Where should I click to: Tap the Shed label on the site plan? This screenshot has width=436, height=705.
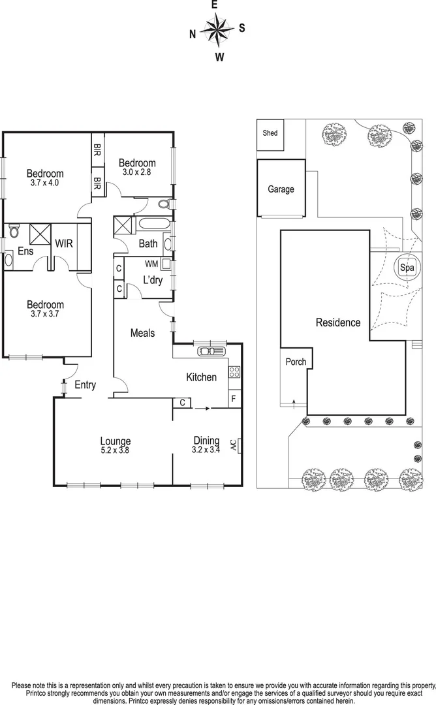(270, 133)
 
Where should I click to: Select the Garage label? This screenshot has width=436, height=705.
(281, 189)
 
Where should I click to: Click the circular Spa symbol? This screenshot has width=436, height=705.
(407, 268)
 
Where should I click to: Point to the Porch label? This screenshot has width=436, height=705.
(296, 362)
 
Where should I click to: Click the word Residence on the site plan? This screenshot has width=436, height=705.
(338, 322)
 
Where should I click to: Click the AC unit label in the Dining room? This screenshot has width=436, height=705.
(233, 446)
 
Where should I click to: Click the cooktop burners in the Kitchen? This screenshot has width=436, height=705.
(234, 373)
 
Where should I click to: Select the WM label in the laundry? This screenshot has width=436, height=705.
(151, 264)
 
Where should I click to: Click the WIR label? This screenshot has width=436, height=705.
(64, 243)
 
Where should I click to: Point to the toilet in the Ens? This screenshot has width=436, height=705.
(14, 231)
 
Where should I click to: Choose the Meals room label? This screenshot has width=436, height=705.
(143, 333)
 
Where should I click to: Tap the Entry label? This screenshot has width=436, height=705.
(85, 385)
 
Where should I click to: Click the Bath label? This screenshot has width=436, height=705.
(148, 244)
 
